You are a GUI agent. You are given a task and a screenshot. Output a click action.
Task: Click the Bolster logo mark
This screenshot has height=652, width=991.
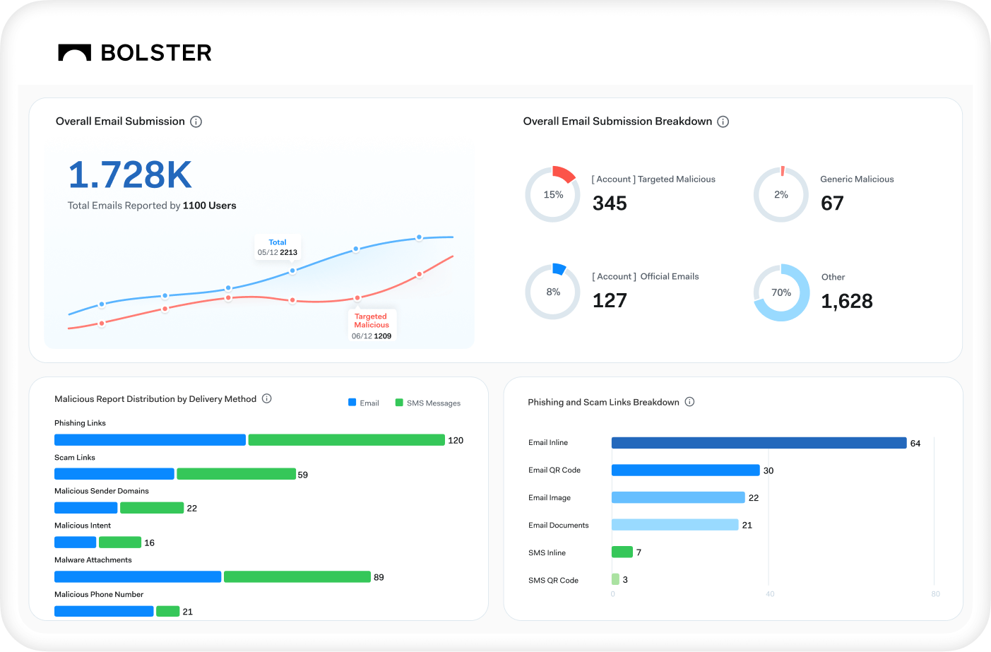click(74, 52)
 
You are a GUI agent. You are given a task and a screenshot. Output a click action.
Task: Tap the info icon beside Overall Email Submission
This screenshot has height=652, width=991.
click(196, 121)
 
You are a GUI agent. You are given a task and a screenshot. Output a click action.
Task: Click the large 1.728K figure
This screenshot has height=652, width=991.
click(130, 174)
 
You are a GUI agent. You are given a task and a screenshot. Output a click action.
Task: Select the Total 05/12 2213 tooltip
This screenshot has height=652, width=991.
click(278, 247)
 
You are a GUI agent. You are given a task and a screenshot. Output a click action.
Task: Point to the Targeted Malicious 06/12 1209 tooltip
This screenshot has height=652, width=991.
click(372, 326)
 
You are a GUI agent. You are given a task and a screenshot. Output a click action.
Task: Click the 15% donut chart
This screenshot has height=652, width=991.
click(553, 194)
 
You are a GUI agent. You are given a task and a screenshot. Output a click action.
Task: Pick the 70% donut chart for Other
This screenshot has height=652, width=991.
click(781, 292)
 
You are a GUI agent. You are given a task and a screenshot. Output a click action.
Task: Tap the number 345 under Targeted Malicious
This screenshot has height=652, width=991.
click(610, 203)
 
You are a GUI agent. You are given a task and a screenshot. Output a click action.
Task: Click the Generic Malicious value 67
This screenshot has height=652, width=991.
click(832, 203)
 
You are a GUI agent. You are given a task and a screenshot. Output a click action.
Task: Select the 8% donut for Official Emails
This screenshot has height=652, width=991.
click(553, 292)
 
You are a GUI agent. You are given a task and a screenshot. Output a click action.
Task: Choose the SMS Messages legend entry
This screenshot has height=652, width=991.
click(428, 403)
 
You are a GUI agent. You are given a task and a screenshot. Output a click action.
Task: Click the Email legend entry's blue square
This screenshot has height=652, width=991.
click(352, 403)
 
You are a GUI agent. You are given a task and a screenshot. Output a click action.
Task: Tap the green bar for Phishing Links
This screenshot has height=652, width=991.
click(346, 440)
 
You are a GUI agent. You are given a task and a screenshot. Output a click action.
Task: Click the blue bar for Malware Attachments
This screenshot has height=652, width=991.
click(138, 577)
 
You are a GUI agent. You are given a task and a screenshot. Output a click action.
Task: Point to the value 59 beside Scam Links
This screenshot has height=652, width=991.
click(303, 475)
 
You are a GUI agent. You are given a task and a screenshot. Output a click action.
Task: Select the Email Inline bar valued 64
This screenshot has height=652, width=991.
click(759, 443)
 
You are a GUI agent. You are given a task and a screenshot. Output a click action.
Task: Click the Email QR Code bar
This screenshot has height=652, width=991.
click(685, 470)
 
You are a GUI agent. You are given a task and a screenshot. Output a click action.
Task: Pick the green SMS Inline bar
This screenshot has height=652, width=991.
click(622, 552)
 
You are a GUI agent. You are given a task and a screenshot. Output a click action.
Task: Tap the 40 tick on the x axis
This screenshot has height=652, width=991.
click(770, 594)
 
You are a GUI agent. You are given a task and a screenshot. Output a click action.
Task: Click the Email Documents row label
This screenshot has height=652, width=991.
click(558, 526)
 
